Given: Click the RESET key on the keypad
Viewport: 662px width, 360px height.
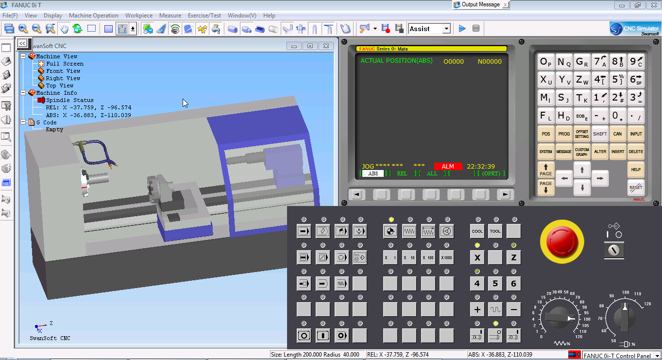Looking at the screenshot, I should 636,187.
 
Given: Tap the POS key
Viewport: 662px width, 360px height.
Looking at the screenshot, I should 546,134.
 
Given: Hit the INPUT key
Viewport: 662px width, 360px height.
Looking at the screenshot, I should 636,134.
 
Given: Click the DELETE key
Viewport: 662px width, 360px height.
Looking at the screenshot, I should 636,152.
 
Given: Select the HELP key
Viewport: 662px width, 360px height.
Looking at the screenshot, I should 636,169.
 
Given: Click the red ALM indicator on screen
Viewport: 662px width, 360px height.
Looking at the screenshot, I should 447,167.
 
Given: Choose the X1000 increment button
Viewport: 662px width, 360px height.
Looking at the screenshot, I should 447,257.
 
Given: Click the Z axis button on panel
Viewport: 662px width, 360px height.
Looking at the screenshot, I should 513,258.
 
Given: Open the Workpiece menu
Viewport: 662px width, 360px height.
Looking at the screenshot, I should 139,16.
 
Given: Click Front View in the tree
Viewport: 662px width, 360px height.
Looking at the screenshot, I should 63,71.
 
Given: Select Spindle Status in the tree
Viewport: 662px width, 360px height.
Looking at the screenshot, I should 69,100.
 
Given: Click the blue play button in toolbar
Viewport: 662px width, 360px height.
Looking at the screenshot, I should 462,29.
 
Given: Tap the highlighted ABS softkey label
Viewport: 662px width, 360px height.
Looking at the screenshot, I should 373,173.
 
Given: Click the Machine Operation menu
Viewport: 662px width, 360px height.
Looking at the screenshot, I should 94,16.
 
